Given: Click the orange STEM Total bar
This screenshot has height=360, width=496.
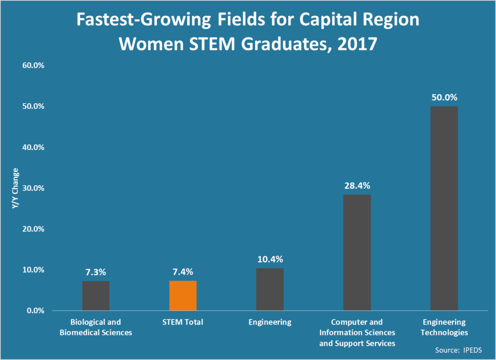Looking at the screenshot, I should [183, 296].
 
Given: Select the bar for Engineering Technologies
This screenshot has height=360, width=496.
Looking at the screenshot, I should [444, 208].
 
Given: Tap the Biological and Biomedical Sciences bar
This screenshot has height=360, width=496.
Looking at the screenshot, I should [95, 296].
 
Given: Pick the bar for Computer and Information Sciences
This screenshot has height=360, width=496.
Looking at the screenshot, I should [357, 252].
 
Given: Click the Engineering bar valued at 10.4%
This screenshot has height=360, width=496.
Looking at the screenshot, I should [270, 289].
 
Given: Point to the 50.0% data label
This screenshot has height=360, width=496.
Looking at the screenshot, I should [444, 97].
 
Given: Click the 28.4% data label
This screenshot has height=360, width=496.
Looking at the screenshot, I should [357, 186].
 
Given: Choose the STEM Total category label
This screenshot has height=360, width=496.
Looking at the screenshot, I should [183, 322].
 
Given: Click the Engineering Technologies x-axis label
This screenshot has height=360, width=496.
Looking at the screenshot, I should [444, 327].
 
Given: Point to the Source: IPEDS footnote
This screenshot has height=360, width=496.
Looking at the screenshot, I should [460, 349].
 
